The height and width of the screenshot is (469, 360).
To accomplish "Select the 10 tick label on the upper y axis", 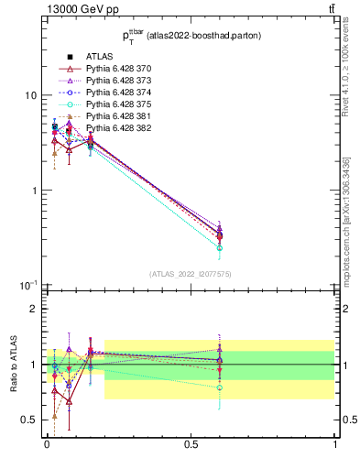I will coord(31,95).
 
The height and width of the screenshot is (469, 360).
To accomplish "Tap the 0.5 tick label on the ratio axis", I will coord(29,420).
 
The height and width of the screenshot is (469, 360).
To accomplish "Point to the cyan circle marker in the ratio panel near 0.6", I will coord(220,387).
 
